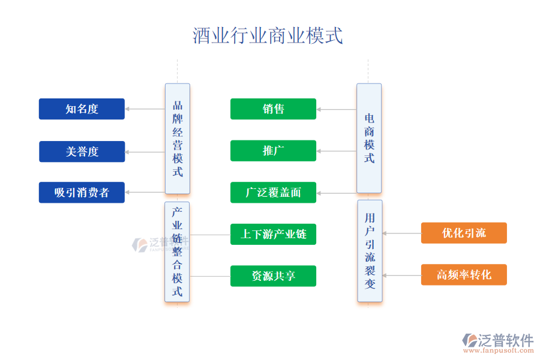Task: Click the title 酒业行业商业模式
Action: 268,35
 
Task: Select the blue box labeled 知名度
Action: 82,109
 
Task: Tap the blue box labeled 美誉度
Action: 82,152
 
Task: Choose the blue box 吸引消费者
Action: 82,193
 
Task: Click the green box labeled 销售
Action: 273,109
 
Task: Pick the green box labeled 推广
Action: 273,151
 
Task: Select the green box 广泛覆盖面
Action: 273,193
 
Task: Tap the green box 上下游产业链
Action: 273,234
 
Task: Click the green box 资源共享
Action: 273,276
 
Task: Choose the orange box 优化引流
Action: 464,233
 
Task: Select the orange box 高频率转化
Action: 464,275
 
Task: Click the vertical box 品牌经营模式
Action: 178,139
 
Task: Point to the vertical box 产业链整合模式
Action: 177,252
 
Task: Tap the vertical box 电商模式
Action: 369,138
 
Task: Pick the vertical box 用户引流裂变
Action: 370,251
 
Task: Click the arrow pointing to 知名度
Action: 145,109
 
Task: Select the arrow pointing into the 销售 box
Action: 336,109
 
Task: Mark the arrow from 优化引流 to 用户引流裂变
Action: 401,233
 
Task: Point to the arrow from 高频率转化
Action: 401,275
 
